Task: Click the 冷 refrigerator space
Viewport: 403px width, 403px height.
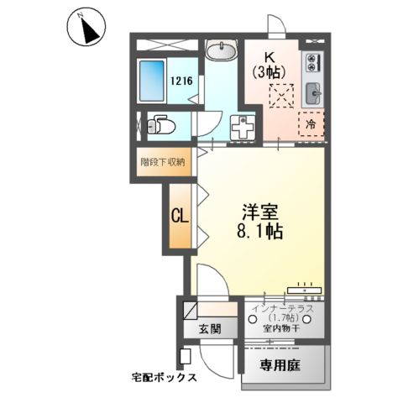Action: click(311, 123)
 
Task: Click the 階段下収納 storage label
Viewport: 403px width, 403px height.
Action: click(166, 160)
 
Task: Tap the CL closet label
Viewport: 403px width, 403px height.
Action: click(180, 215)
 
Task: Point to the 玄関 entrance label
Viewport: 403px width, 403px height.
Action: click(210, 328)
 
